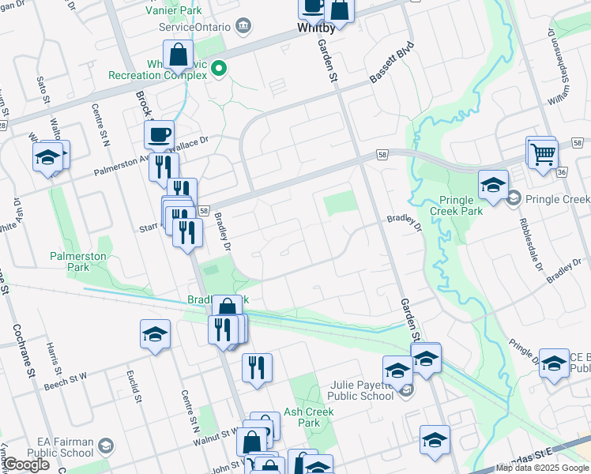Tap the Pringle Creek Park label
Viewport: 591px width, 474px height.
click(456, 205)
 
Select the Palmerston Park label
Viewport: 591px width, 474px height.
click(78, 261)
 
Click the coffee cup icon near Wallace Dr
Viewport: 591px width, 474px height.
click(160, 134)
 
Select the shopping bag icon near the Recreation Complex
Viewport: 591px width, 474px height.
click(179, 55)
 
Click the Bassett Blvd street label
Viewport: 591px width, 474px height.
click(392, 66)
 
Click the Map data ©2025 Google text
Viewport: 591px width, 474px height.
click(542, 468)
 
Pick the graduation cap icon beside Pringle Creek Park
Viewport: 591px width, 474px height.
click(493, 185)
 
